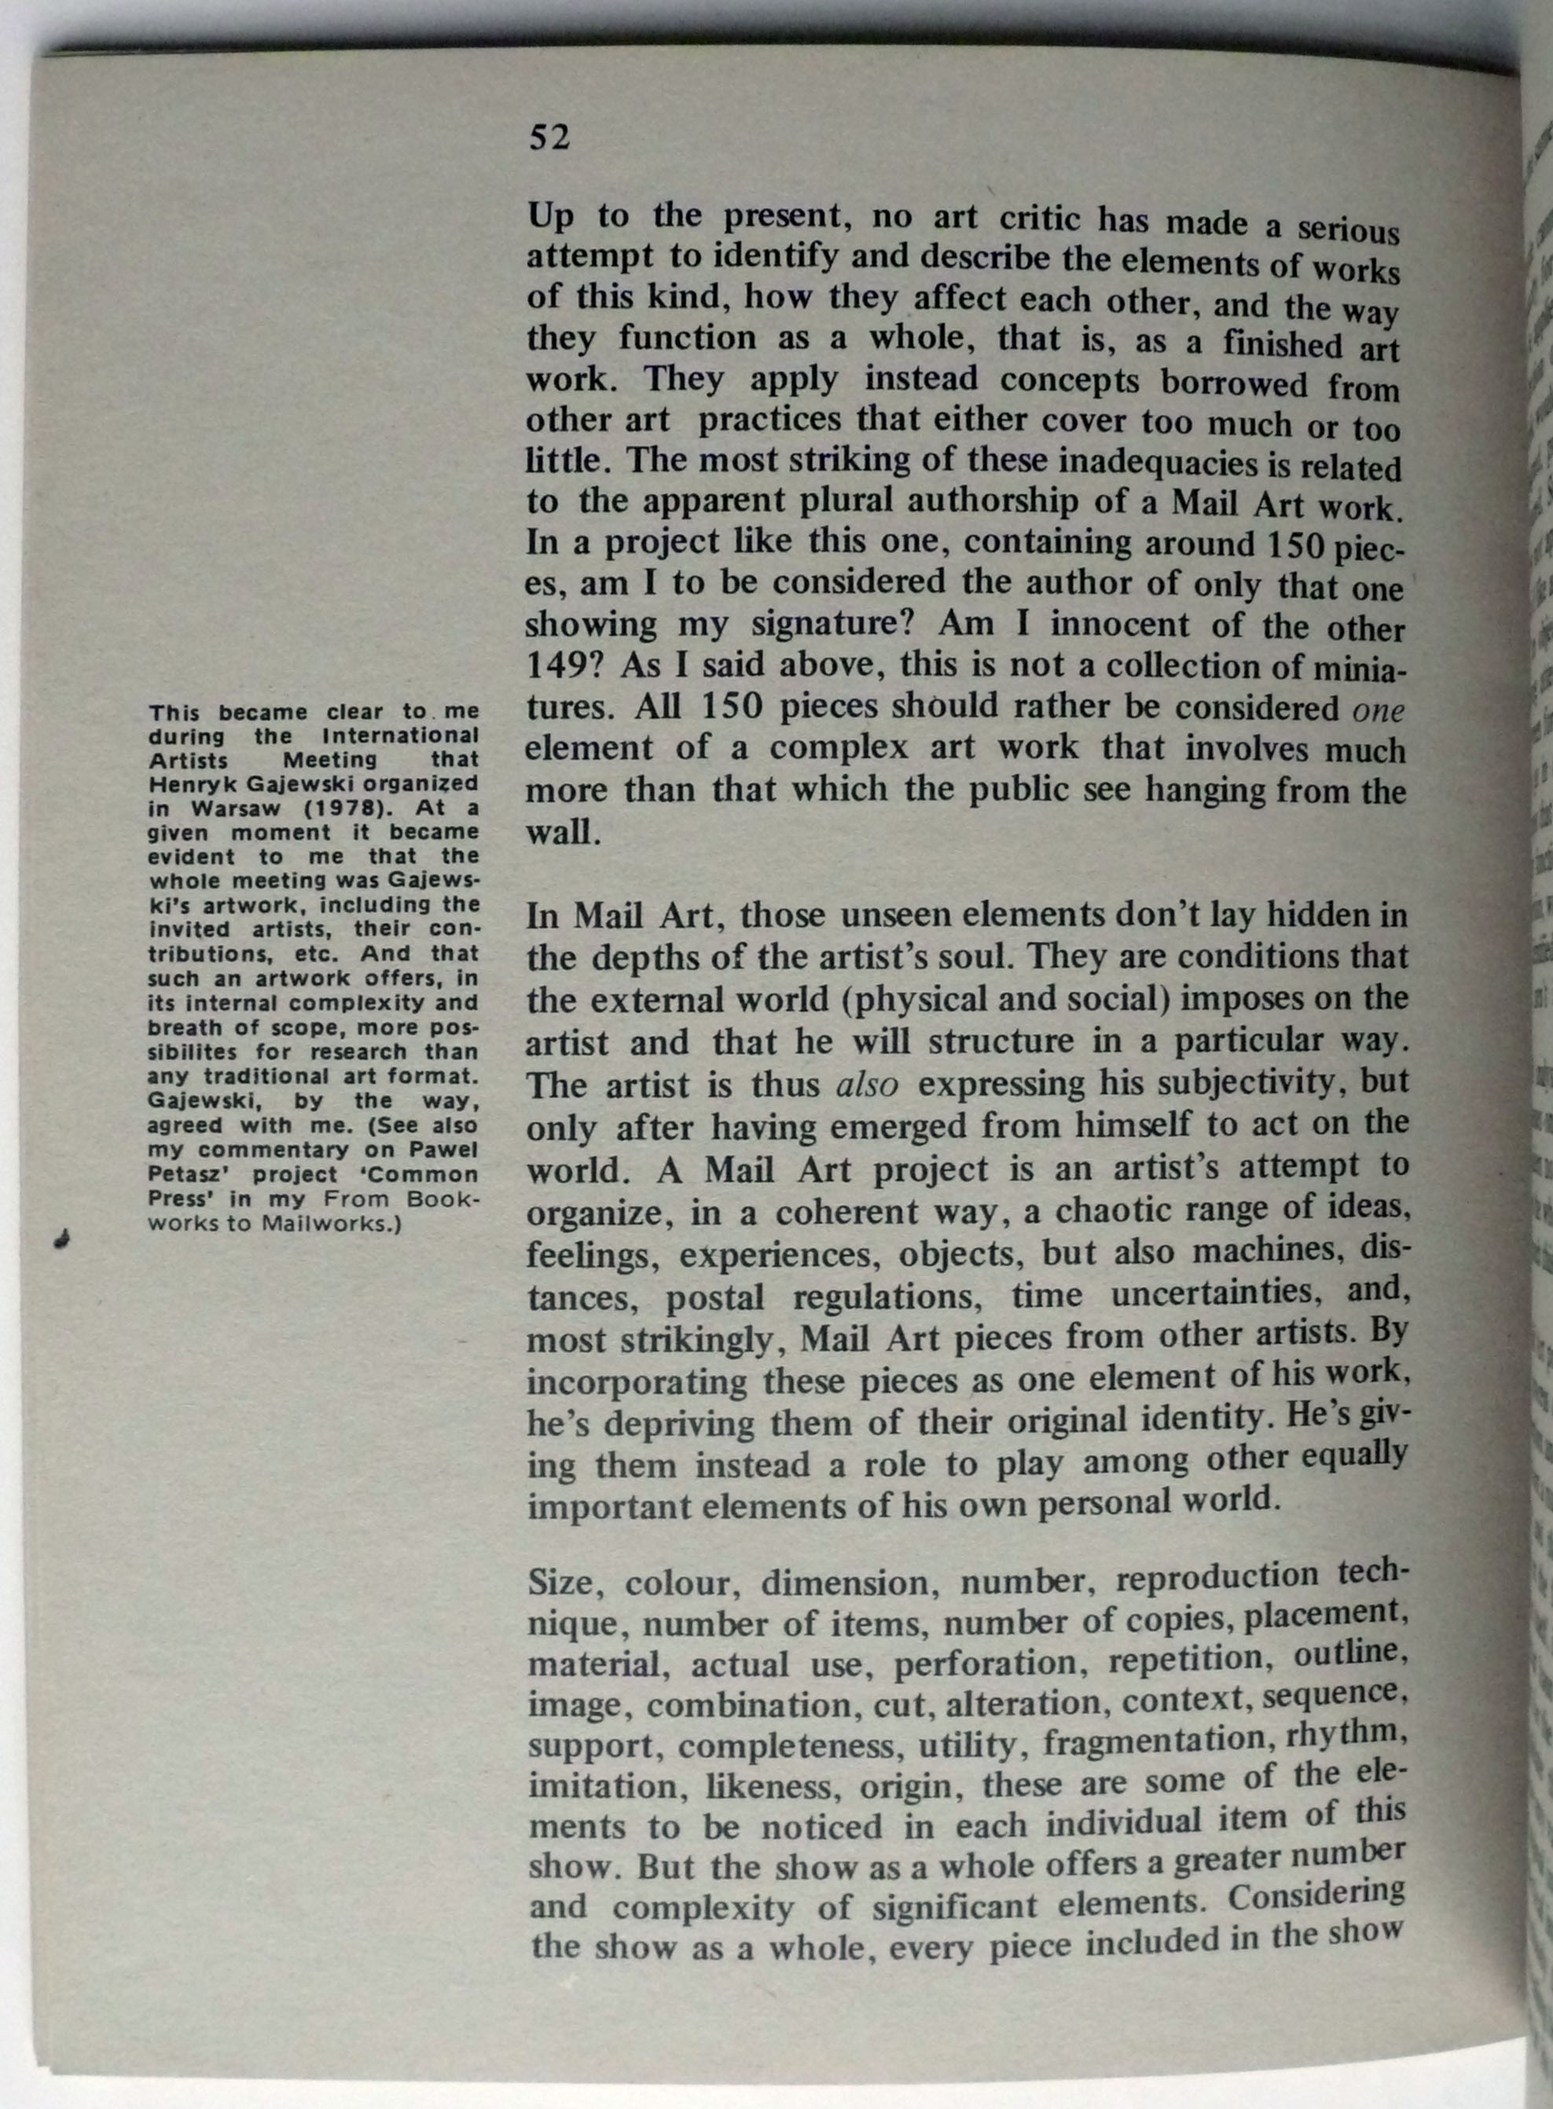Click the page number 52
point(549,138)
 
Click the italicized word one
point(1379,710)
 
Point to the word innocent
point(1120,624)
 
